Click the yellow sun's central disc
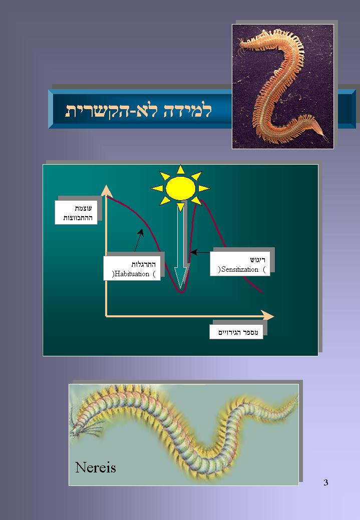pyautogui.click(x=180, y=188)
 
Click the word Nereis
pyautogui.click(x=96, y=467)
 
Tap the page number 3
pyautogui.click(x=326, y=482)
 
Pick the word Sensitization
pyautogui.click(x=240, y=269)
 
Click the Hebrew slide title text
pyautogui.click(x=138, y=111)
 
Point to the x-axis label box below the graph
pyautogui.click(x=236, y=332)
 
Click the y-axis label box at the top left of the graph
pyautogui.click(x=76, y=213)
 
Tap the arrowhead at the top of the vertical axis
pyautogui.click(x=107, y=190)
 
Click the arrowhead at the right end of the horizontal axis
pyautogui.click(x=267, y=316)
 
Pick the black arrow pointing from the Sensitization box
pyautogui.click(x=200, y=252)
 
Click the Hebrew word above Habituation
pyautogui.click(x=144, y=264)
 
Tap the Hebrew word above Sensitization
pyautogui.click(x=257, y=260)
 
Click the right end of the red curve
pyautogui.click(x=262, y=292)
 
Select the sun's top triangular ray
pyautogui.click(x=180, y=170)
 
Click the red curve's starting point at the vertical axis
pyautogui.click(x=107, y=197)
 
